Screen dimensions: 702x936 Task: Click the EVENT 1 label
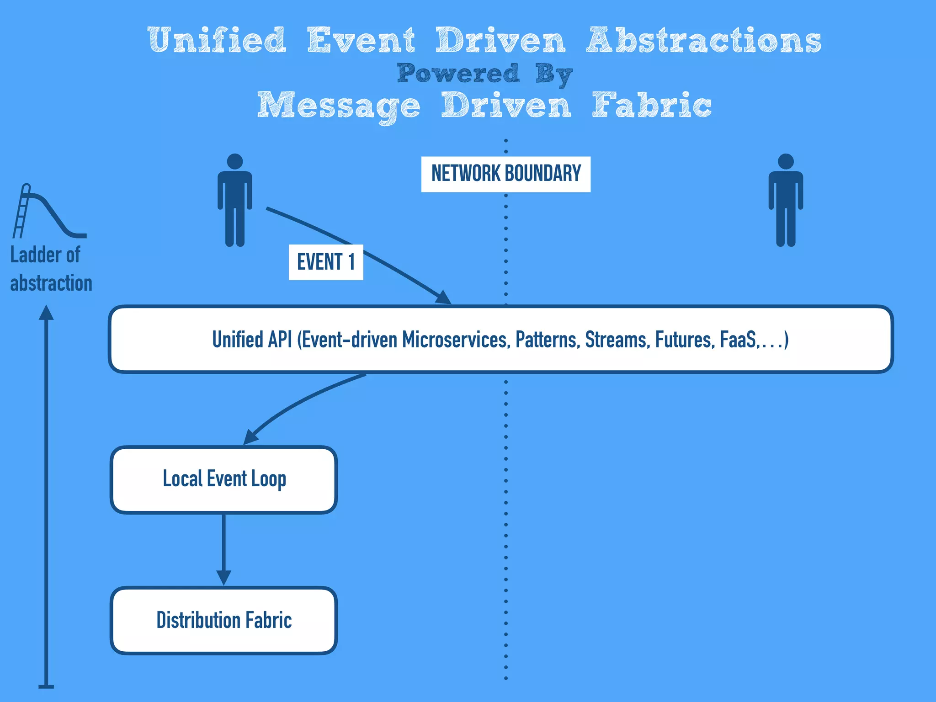click(x=326, y=262)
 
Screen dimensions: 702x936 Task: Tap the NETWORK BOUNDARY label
click(x=505, y=174)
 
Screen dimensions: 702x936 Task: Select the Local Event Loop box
click(x=224, y=479)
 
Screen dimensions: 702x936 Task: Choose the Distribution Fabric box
click(x=224, y=620)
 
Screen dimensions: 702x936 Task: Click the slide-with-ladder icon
click(x=48, y=212)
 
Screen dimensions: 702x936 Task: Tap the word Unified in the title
click(x=217, y=40)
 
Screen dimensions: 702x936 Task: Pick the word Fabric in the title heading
click(x=652, y=106)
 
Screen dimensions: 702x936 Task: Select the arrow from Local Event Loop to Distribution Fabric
click(x=223, y=548)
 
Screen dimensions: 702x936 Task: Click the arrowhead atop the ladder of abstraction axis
click(x=46, y=313)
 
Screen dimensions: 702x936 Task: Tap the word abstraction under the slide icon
click(x=51, y=283)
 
